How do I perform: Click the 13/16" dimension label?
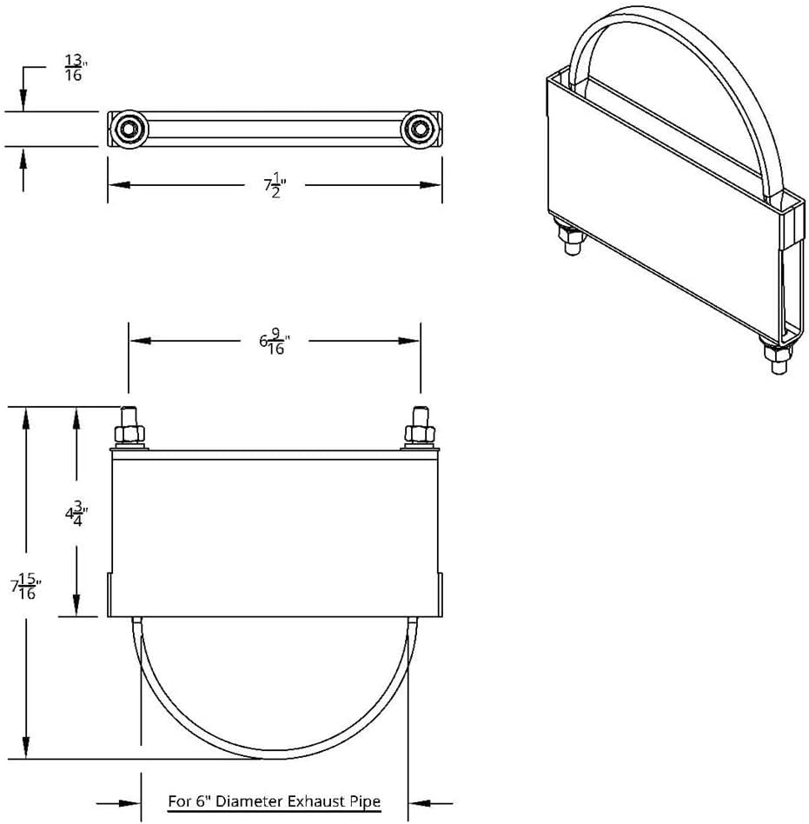[74, 67]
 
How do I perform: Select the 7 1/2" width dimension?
[275, 184]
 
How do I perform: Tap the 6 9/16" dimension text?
[274, 342]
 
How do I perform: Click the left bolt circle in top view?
[129, 130]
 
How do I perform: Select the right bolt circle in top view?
[421, 130]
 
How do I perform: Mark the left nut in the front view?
[129, 433]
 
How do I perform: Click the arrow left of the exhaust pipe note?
[130, 801]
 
